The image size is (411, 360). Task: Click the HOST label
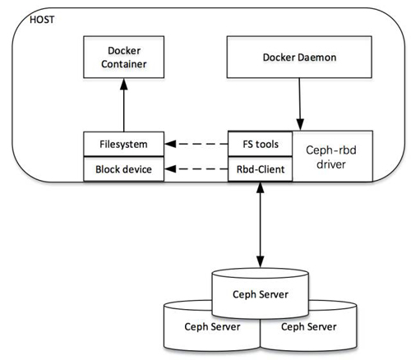(42, 20)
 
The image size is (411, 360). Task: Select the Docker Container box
(124, 57)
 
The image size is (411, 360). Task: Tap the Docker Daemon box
(299, 57)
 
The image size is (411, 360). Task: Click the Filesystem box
(123, 144)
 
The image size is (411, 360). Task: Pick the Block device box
(123, 169)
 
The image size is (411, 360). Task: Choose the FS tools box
(261, 144)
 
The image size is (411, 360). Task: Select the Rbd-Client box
(261, 169)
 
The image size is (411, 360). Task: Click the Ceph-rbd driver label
(331, 157)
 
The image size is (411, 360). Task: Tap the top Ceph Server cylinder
(261, 293)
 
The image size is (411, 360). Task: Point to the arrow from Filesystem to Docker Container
(124, 105)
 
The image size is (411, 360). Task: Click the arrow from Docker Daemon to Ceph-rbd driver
(300, 104)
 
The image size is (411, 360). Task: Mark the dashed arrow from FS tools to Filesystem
(196, 144)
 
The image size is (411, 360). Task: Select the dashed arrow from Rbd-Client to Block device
(196, 168)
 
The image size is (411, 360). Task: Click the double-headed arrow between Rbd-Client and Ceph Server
(261, 224)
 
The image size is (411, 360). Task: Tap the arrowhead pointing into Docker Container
(124, 85)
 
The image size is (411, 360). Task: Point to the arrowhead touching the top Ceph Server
(261, 261)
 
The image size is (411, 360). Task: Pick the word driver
(331, 164)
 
